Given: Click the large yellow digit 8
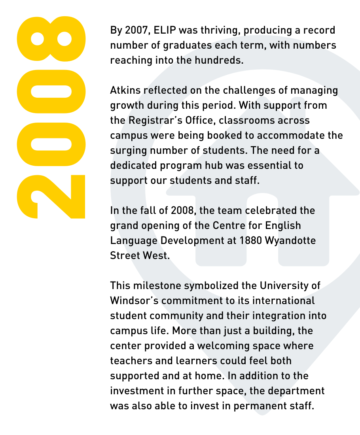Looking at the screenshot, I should point(51,39).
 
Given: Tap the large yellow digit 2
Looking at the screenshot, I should point(51,197).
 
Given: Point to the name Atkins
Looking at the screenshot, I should point(125,91).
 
